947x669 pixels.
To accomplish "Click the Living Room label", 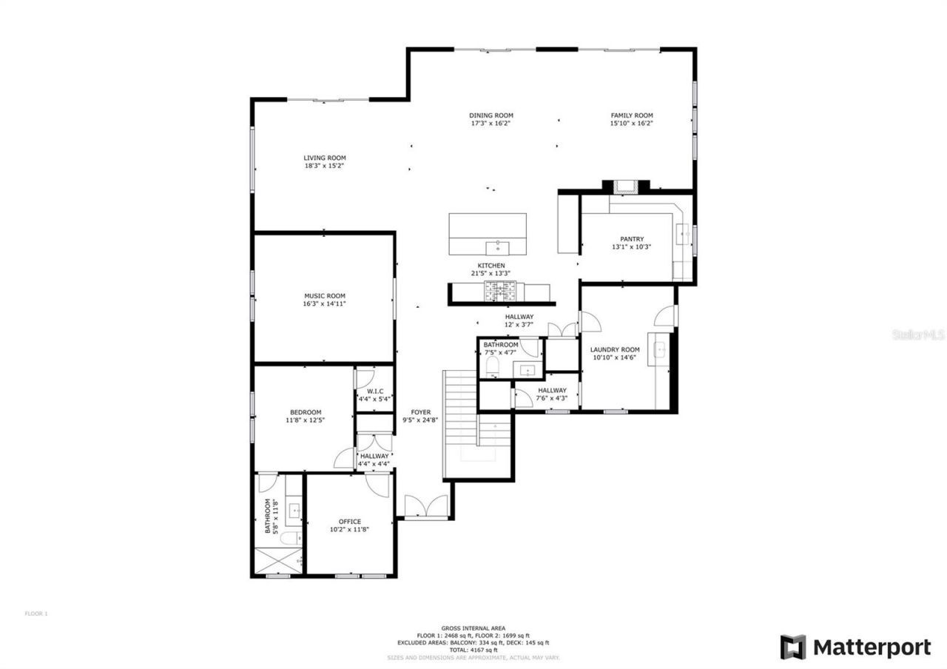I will tap(324, 158).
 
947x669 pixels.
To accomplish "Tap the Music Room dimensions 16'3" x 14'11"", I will tap(324, 303).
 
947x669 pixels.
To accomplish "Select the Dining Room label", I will tap(491, 115).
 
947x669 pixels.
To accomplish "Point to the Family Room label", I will tap(631, 115).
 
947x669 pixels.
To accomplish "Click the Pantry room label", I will tap(632, 239).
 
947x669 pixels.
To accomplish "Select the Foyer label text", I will tap(420, 412).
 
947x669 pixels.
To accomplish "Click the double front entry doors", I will tap(425, 507).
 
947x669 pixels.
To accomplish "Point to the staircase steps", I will tap(460, 422).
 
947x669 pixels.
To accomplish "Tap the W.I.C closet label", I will tap(374, 391).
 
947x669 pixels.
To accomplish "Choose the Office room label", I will tap(350, 522).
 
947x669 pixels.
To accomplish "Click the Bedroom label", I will tap(305, 412).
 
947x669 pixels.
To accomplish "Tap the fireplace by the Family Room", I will tap(625, 187).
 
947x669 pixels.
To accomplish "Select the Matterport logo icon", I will tap(793, 647).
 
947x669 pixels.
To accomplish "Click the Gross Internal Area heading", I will tap(473, 628).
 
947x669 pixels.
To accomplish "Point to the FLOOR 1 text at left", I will tap(36, 613).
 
